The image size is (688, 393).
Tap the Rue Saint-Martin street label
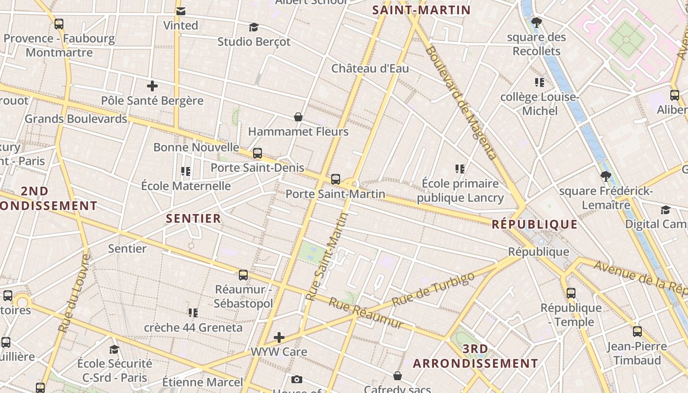point(326,256)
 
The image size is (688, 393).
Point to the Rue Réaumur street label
point(366,313)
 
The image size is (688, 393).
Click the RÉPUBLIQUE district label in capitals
point(535,225)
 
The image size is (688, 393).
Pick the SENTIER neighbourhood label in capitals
point(194,219)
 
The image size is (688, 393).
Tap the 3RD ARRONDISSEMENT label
point(475,357)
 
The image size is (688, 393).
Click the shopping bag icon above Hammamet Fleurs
point(298,117)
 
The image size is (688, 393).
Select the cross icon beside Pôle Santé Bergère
point(152,86)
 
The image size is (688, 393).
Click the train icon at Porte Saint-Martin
point(336,179)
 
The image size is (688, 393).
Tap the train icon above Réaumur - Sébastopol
point(243,275)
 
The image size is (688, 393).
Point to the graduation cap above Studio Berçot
point(254,27)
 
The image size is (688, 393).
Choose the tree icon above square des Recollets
point(537,22)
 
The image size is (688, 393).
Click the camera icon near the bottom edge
point(296,379)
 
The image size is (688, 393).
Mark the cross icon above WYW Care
point(279,337)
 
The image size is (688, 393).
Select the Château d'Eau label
point(370,68)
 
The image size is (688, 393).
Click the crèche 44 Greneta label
point(193,327)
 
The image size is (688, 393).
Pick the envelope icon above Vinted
point(181,11)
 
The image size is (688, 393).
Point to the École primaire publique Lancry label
point(460,191)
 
